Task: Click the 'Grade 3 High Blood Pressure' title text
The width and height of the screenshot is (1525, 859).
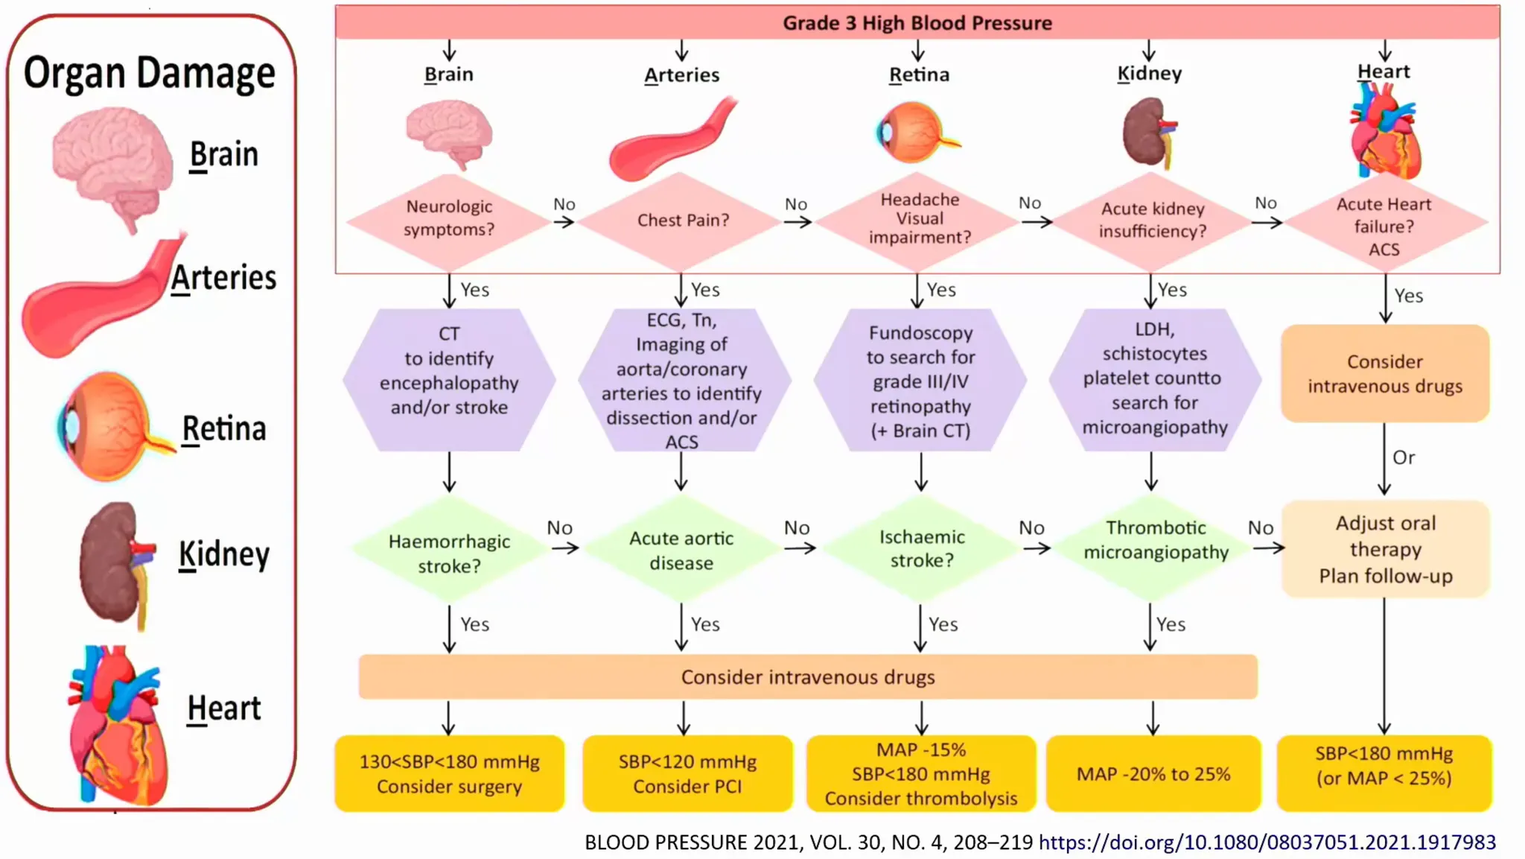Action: click(x=917, y=23)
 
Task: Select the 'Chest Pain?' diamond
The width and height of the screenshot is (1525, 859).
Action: click(x=683, y=221)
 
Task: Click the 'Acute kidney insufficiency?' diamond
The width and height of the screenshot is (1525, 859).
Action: click(x=1152, y=221)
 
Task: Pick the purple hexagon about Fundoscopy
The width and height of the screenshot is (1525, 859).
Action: click(x=920, y=381)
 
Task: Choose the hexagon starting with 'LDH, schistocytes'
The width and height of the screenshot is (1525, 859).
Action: click(x=1154, y=378)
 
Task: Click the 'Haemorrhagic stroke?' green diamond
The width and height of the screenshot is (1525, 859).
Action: click(x=449, y=552)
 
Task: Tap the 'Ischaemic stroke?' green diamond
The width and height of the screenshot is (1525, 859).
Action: click(x=921, y=548)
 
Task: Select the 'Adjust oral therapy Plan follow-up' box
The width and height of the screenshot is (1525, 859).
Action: click(x=1385, y=549)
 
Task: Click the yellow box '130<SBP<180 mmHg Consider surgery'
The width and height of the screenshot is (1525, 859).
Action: click(x=449, y=773)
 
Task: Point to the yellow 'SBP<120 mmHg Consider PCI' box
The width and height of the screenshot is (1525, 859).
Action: click(x=687, y=773)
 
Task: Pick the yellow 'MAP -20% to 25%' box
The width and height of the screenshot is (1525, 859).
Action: click(x=1153, y=774)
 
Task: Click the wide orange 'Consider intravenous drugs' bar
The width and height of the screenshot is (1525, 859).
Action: click(x=808, y=677)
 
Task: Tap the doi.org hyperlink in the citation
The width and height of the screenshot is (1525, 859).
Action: click(x=1267, y=842)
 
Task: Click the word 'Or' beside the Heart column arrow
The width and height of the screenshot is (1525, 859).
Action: click(x=1404, y=457)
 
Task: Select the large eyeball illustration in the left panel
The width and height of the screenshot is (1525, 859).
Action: click(x=112, y=427)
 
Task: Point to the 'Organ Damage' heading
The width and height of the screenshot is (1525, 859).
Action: click(x=149, y=73)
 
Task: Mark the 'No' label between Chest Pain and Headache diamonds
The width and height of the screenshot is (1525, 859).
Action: click(x=796, y=204)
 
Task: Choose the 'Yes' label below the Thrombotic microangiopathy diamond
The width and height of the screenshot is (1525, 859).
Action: click(x=1171, y=624)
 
